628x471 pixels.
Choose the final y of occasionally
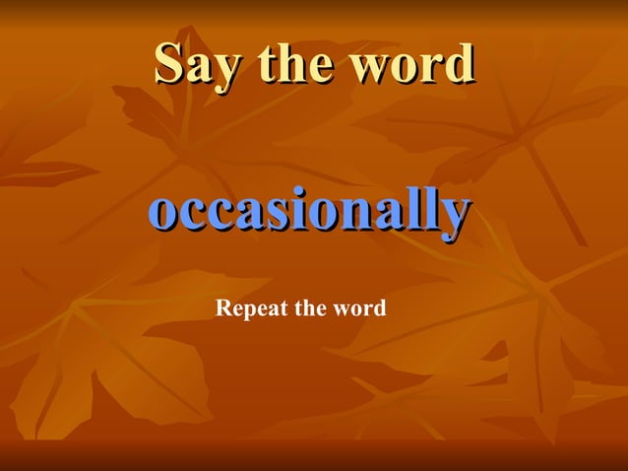[x=450, y=217]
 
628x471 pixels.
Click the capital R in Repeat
[x=222, y=308]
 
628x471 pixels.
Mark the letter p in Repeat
[x=248, y=311]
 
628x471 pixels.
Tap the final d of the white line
[x=380, y=308]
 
